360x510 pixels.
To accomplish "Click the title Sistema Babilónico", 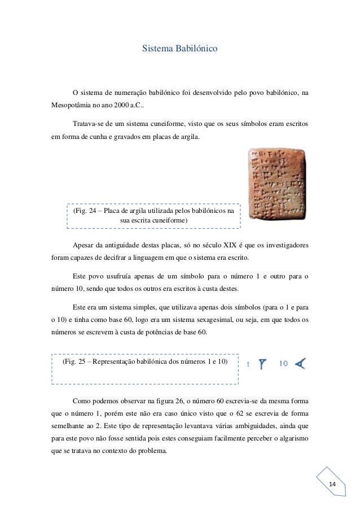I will (x=180, y=50).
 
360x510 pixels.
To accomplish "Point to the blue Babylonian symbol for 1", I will (x=262, y=365).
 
